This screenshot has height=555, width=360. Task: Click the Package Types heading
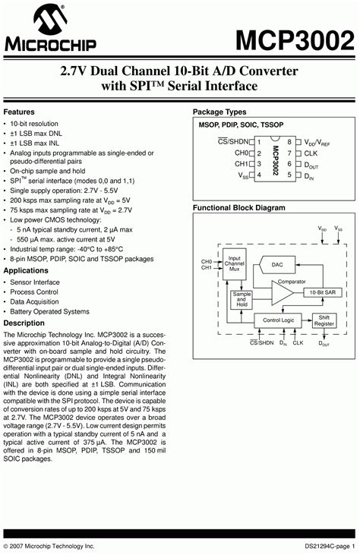219,112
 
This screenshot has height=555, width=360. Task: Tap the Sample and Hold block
242,299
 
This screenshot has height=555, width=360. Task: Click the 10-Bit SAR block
322,292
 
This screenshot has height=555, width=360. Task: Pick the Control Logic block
278,320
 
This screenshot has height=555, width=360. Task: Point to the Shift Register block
324,320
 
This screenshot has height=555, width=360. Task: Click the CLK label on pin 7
311,153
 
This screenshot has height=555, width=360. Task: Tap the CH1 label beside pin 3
241,163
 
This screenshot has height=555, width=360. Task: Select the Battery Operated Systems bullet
49,311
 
